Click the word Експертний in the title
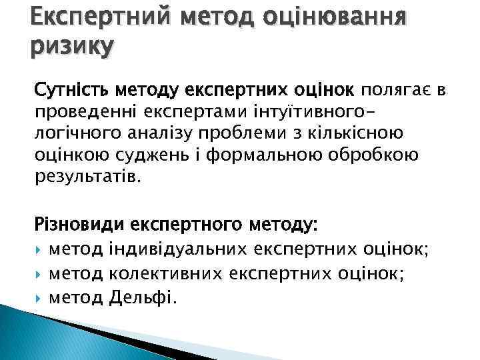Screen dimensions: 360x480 tap(79, 15)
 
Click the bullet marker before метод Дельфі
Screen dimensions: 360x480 tap(39, 298)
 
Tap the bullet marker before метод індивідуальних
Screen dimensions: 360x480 tap(39, 250)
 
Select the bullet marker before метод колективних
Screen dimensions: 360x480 tap(39, 274)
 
